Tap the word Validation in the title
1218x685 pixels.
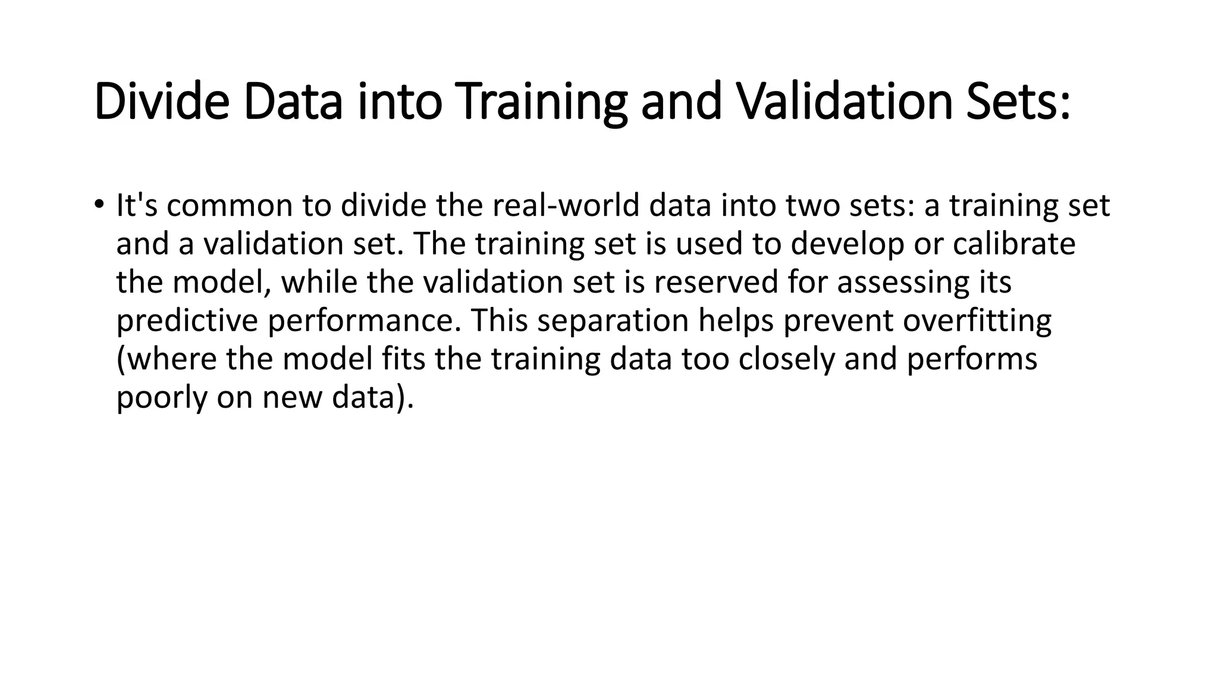coord(845,102)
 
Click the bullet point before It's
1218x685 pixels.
coord(99,205)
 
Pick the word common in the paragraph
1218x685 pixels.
coord(230,206)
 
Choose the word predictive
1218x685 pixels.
coord(187,320)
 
